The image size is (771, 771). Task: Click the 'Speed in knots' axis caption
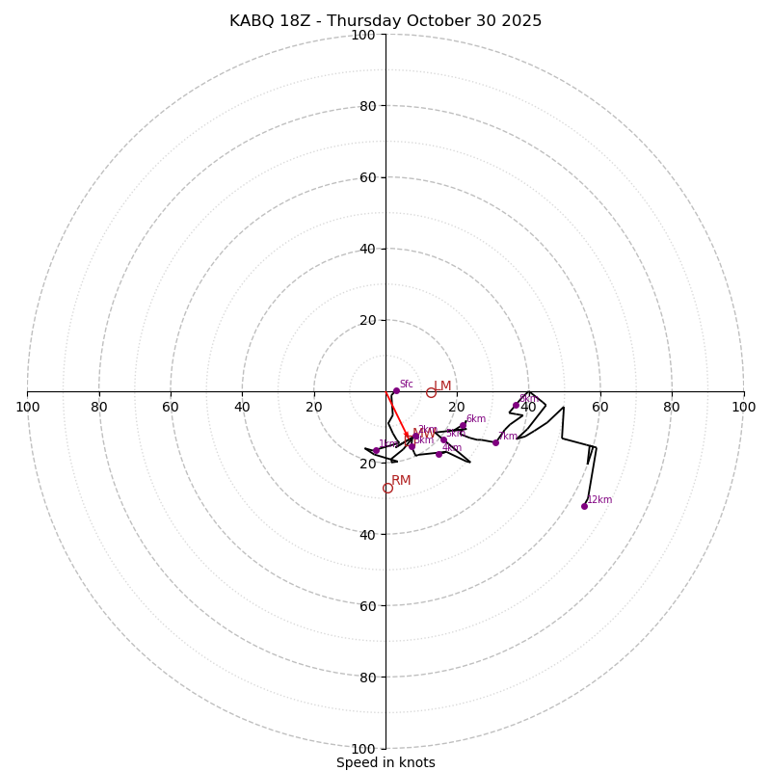click(385, 762)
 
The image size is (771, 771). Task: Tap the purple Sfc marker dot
click(396, 390)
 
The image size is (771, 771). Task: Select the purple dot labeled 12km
click(584, 506)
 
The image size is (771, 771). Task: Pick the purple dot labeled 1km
click(376, 451)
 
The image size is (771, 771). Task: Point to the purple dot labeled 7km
click(495, 442)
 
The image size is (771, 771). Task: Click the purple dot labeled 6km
click(463, 425)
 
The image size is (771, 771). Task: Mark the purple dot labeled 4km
click(439, 454)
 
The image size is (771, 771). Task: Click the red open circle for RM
click(387, 488)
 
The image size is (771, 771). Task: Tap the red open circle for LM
click(431, 392)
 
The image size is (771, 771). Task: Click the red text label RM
click(401, 480)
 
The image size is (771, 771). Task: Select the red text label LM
click(442, 385)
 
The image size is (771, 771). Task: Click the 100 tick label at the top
click(363, 35)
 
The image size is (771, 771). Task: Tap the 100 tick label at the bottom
click(363, 748)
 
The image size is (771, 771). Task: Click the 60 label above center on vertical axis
click(367, 177)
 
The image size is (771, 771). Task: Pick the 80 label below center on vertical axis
click(367, 677)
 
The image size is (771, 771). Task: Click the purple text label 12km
click(599, 499)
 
